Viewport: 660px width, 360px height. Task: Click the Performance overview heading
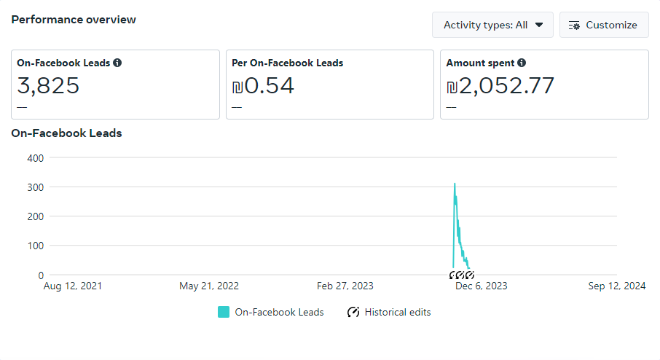tap(74, 20)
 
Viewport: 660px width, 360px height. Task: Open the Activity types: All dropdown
tap(492, 25)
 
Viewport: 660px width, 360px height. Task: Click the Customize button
tap(604, 25)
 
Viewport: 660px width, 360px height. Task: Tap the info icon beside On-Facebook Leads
tap(117, 63)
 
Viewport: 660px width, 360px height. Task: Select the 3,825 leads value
tap(48, 85)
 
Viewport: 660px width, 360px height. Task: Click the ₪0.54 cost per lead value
tap(263, 85)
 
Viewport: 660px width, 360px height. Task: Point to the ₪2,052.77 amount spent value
tap(500, 85)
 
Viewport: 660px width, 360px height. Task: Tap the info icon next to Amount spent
tap(522, 63)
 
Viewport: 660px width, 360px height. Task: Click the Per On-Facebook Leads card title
tap(288, 63)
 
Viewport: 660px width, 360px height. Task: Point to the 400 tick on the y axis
tap(36, 158)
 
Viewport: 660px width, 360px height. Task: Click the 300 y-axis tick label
tap(36, 187)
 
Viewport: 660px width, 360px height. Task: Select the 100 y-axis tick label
tap(36, 246)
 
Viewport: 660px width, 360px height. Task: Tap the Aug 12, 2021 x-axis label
tap(72, 286)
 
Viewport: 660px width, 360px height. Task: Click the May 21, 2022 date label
tap(209, 286)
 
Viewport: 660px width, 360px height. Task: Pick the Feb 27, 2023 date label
tap(345, 286)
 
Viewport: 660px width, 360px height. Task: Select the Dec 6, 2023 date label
tap(481, 286)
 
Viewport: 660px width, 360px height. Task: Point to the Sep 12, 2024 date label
tap(616, 286)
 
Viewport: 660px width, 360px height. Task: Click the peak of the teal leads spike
tap(455, 184)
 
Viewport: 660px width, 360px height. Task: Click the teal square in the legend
tap(224, 312)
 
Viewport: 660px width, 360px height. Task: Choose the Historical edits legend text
tap(398, 313)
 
